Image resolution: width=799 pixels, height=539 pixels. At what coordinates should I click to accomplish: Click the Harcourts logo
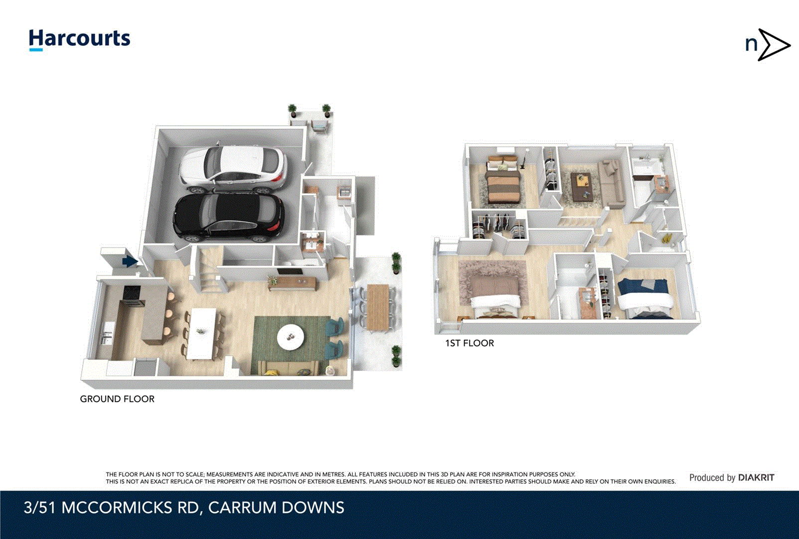coord(79,39)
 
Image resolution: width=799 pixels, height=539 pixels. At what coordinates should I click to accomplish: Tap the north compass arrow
coord(772,45)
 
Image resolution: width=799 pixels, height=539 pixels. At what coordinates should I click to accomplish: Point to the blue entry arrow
coord(129,261)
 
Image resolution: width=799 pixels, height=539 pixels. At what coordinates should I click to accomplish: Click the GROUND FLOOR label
coord(117,399)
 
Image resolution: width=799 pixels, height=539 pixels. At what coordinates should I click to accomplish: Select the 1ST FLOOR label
coord(469,343)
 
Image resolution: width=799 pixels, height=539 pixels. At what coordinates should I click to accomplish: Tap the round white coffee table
coord(290,337)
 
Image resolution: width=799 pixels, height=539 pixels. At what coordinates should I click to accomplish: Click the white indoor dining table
coord(202,332)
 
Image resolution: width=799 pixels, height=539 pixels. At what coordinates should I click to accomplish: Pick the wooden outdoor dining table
coord(377,306)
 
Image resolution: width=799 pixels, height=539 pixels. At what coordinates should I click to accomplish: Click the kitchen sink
coord(107,333)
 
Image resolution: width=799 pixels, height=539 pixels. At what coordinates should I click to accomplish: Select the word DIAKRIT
coord(756,478)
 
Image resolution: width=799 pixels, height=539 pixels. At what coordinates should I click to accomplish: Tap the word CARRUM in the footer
coord(242,508)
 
